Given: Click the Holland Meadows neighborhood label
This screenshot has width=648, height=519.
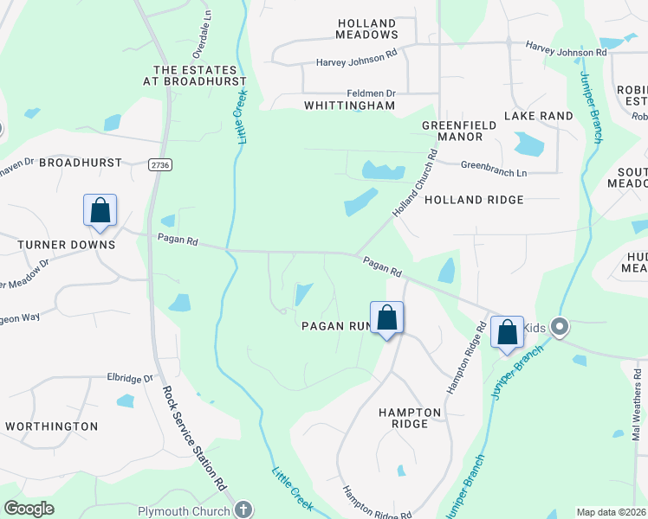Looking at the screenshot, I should pos(367,29).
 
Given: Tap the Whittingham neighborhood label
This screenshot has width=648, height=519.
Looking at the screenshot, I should pos(349,106).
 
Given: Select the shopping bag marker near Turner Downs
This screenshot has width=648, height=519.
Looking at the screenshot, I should pos(100,211).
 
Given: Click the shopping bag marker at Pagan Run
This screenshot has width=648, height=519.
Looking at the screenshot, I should pos(387,318).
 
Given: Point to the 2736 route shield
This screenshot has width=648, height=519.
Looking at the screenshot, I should pos(159,164).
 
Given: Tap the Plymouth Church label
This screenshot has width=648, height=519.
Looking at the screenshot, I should pos(185,511).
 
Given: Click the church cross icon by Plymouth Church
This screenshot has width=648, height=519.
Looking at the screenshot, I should pos(244,510).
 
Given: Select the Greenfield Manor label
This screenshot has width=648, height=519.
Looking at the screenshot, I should pos(452,131).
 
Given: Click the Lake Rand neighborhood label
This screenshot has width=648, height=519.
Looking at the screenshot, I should pos(539,116).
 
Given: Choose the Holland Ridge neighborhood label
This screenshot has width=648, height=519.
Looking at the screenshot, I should pos(474,200).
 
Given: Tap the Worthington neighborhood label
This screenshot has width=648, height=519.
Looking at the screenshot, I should pos(51,426).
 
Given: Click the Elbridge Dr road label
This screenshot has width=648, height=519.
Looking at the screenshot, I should pos(130,378).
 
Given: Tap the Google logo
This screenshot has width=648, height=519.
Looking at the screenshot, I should pos(29,509).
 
